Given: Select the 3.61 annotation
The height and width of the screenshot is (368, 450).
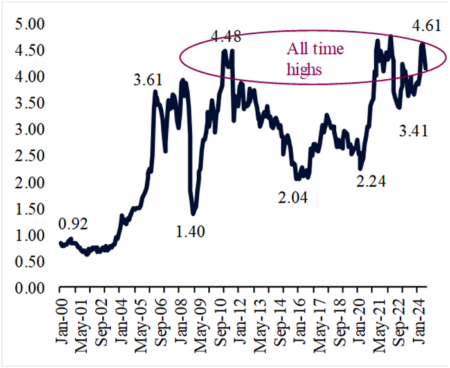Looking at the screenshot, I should pyautogui.click(x=148, y=81).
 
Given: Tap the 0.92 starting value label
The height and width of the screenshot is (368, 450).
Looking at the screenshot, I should pyautogui.click(x=73, y=225).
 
